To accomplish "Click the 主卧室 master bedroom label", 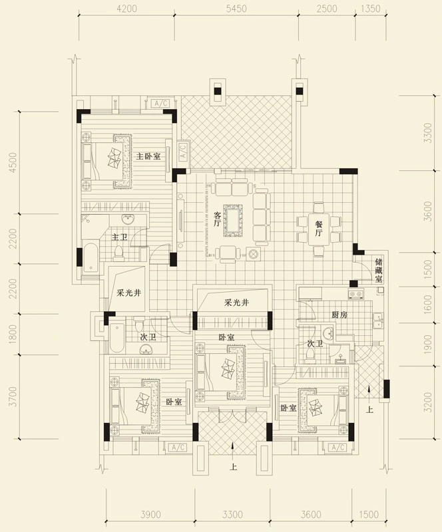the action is tap(148, 156).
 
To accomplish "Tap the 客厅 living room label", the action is tap(218, 219).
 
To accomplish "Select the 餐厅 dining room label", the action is tap(318, 228).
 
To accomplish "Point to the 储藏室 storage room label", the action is tap(379, 271).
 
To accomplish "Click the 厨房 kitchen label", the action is tap(339, 315).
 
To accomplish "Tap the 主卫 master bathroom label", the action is tap(120, 237).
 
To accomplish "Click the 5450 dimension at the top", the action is tap(236, 9).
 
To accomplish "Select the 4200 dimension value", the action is tap(126, 9).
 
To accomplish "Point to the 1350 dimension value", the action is tap(370, 9).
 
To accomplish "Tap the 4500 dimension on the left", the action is tap(12, 163).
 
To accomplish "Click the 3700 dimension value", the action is tap(12, 396).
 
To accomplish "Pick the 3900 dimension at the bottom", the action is tap(150, 515).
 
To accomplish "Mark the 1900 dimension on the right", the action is tap(428, 344).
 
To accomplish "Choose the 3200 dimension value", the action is tap(428, 402).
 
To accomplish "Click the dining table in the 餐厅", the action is tap(319, 229).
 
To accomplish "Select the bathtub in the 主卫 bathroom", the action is tap(91, 257).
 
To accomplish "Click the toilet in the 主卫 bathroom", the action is tap(118, 253).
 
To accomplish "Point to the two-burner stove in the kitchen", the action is tap(355, 293).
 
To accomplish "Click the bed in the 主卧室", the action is tap(107, 161).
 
